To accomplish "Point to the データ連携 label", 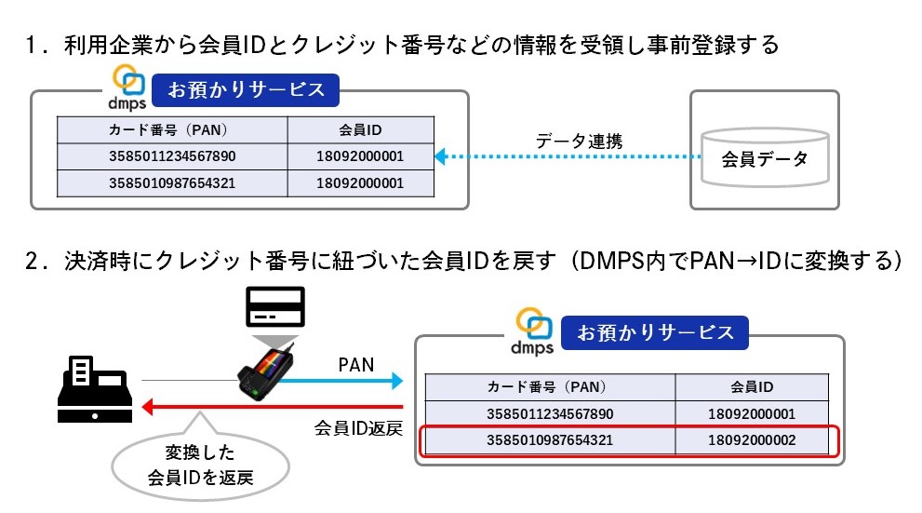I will pyautogui.click(x=579, y=142).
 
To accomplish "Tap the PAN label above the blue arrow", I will pyautogui.click(x=355, y=365).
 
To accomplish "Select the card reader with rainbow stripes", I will pyautogui.click(x=265, y=371).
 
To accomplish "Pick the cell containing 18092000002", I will pyautogui.click(x=752, y=439).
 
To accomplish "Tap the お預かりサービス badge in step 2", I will pyautogui.click(x=655, y=332).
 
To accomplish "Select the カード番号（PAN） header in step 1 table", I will pyautogui.click(x=172, y=129).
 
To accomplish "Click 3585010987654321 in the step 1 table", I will pyautogui.click(x=172, y=183).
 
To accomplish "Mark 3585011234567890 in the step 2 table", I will pyautogui.click(x=550, y=413).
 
